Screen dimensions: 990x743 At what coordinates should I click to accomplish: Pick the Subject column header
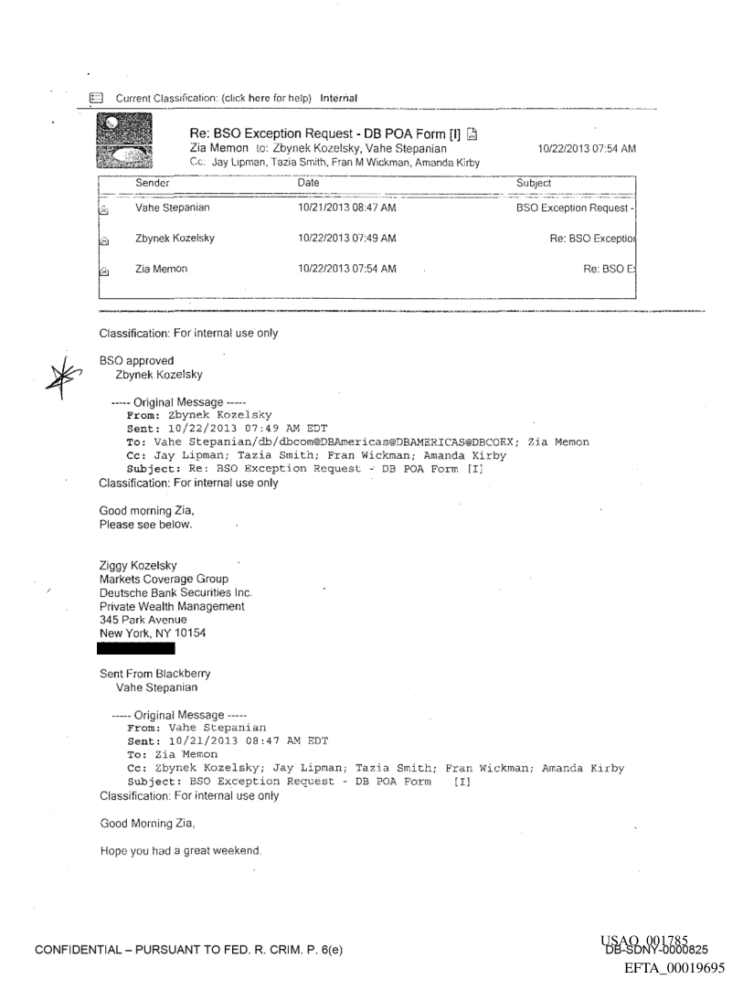tap(537, 183)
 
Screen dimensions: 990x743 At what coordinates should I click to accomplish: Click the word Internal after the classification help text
tap(338, 98)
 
